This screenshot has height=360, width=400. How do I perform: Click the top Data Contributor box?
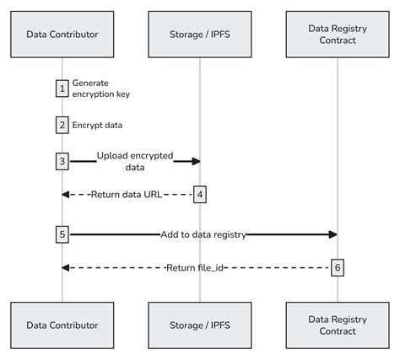click(62, 35)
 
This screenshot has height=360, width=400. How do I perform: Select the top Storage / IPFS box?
click(200, 35)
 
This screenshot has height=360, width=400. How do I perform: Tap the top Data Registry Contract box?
click(338, 35)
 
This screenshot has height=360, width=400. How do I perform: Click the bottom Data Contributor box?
click(62, 324)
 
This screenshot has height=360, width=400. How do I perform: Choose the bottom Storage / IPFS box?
click(200, 324)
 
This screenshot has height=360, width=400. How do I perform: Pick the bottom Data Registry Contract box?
click(338, 324)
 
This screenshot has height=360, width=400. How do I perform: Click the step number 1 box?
click(62, 89)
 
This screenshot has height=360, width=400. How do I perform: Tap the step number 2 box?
click(62, 125)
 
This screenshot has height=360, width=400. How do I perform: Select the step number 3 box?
click(62, 160)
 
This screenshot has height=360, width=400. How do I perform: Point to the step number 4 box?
click(200, 195)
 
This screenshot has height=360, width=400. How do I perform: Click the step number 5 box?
click(62, 234)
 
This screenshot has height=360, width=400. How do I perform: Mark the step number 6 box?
click(338, 267)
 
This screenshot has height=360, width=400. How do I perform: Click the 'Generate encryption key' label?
click(100, 89)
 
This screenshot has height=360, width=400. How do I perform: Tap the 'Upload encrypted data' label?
click(134, 161)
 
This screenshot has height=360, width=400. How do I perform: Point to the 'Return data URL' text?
click(126, 195)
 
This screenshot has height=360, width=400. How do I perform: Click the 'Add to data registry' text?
click(203, 234)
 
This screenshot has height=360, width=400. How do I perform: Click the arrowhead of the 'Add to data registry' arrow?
click(332, 234)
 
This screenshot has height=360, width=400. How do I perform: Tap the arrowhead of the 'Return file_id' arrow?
click(67, 267)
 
